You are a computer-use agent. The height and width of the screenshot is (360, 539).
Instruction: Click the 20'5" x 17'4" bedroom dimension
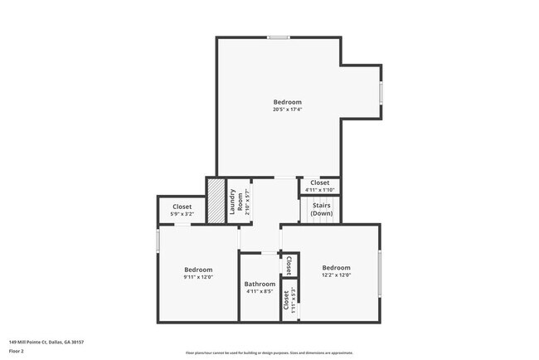[287, 109]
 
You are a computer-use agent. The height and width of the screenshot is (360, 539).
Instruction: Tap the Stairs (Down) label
[322, 209]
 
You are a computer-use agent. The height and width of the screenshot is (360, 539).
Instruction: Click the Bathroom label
[260, 284]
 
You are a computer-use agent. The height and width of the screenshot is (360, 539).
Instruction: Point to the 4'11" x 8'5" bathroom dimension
[260, 292]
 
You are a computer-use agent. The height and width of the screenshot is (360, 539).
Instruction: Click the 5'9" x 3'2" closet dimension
[182, 215]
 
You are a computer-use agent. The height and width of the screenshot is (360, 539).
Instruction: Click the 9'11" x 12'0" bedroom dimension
[198, 277]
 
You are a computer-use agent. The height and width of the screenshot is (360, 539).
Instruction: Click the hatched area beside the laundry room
[216, 201]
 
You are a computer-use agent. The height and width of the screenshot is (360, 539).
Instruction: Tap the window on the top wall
[279, 37]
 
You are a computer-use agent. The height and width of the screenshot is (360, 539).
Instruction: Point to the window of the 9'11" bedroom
[158, 241]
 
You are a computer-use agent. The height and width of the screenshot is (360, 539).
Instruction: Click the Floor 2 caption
[17, 351]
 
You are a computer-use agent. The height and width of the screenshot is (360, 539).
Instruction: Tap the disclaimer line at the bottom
[269, 354]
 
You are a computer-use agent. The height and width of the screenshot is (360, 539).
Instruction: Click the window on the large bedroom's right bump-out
[381, 92]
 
